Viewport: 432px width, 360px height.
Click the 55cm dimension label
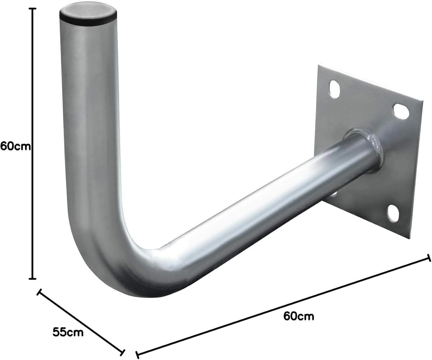(68, 332)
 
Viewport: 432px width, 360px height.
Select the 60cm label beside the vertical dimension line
(16, 146)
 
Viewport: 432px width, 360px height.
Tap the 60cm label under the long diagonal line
(299, 316)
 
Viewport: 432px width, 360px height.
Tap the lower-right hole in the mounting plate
(393, 213)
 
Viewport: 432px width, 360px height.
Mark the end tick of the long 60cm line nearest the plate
(429, 258)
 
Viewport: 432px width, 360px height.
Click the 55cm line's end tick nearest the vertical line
(39, 292)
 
